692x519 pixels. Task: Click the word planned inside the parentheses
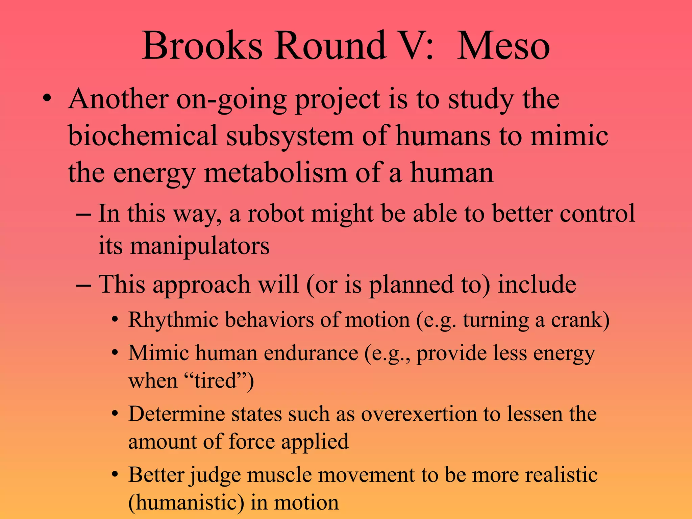pyautogui.click(x=410, y=285)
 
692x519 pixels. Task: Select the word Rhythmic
pyautogui.click(x=173, y=320)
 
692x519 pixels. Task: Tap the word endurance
pyautogui.click(x=311, y=353)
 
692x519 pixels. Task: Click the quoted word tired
pyautogui.click(x=215, y=381)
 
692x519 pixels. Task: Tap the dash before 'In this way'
pyautogui.click(x=83, y=214)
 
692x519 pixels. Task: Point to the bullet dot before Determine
pyautogui.click(x=115, y=414)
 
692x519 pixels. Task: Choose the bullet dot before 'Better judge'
pyautogui.click(x=115, y=475)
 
